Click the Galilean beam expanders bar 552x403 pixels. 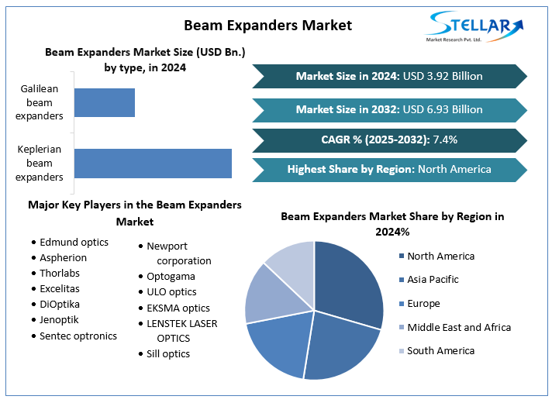(x=105, y=102)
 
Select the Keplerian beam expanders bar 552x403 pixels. (x=154, y=164)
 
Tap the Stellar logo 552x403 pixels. (x=474, y=27)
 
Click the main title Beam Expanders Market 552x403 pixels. (x=268, y=26)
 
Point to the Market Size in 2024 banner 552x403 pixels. (x=389, y=76)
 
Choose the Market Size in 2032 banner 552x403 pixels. (x=389, y=110)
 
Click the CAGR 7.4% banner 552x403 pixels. (x=389, y=140)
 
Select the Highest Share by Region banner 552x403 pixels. (x=389, y=170)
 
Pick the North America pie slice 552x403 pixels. (x=349, y=281)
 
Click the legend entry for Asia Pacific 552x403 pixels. (x=429, y=280)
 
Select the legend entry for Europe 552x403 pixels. (x=419, y=303)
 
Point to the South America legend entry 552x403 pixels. (x=437, y=351)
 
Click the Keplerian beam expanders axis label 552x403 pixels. (x=40, y=164)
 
